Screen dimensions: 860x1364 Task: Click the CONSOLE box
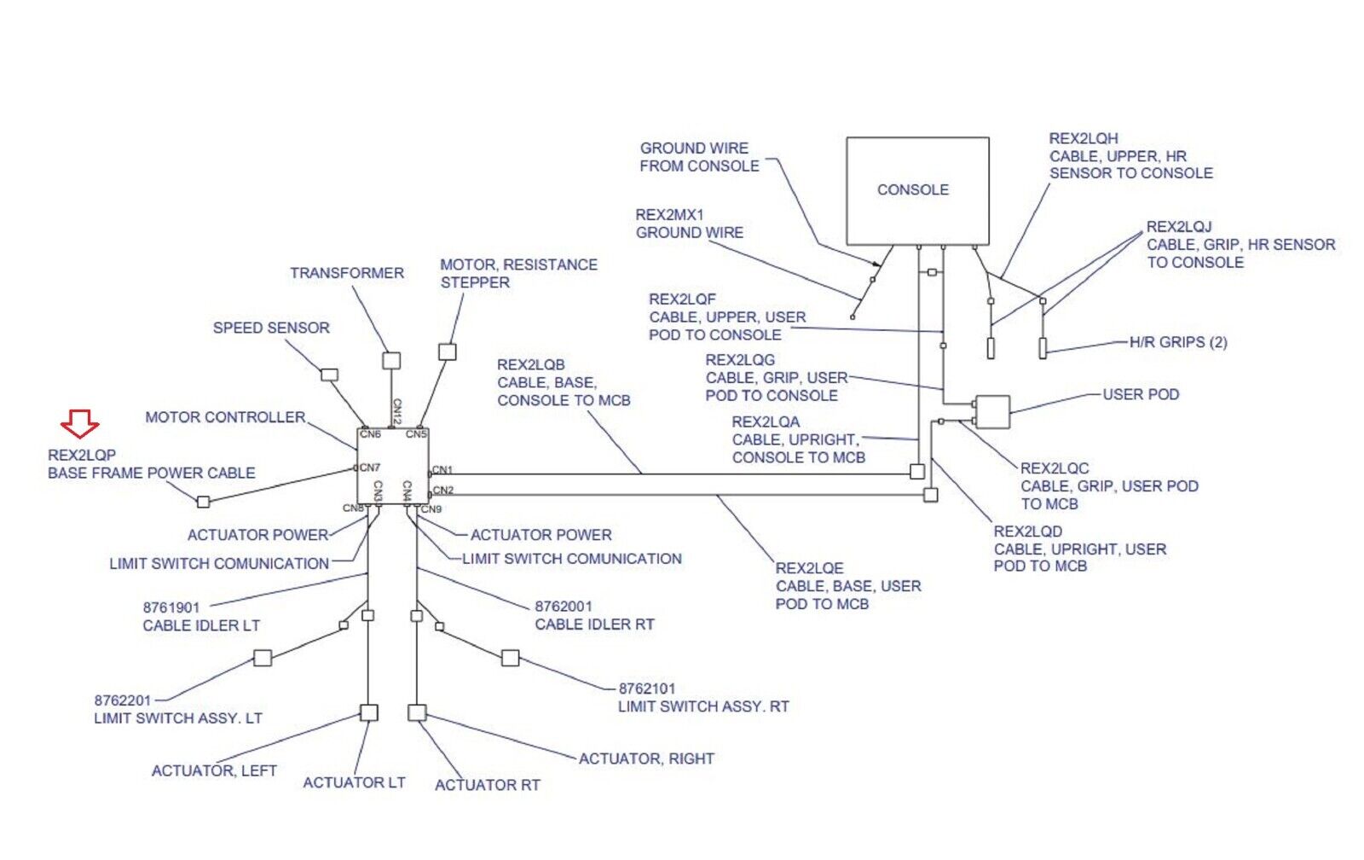917,191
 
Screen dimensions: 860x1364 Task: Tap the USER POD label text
1141,394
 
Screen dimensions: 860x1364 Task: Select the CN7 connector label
369,468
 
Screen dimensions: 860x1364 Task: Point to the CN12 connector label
396,410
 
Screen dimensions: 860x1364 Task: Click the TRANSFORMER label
347,273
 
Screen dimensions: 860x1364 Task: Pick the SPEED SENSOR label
271,328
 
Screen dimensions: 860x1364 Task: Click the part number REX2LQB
531,365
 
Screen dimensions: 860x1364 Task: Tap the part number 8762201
123,700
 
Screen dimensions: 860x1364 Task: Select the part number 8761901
171,607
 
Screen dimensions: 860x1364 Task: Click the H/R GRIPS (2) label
1178,342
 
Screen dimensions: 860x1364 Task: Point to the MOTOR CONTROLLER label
225,417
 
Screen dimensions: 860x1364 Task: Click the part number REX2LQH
1084,138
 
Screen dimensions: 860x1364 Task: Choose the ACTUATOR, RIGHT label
646,758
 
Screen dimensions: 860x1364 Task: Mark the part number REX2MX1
670,215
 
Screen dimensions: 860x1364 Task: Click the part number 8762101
647,689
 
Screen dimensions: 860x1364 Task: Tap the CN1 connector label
442,470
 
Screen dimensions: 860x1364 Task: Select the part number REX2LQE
810,568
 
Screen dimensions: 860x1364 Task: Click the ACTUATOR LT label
354,782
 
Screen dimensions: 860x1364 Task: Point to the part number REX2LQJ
1179,227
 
